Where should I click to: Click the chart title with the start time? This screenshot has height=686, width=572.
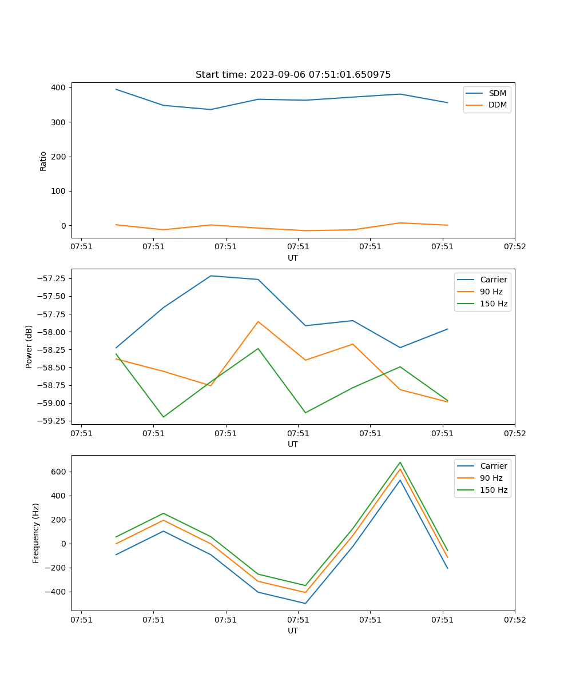pyautogui.click(x=293, y=75)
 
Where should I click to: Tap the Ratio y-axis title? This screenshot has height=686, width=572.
pyautogui.click(x=43, y=161)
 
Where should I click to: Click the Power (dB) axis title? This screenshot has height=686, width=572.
pyautogui.click(x=29, y=346)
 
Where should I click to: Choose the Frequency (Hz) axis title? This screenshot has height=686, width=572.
pyautogui.click(x=36, y=533)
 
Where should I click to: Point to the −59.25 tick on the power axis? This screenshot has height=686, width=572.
pyautogui.click(x=50, y=421)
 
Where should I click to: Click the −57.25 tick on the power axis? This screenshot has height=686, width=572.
pyautogui.click(x=50, y=278)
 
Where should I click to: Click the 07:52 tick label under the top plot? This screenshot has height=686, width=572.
pyautogui.click(x=514, y=247)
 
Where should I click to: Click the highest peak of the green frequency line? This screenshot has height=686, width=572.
pyautogui.click(x=400, y=462)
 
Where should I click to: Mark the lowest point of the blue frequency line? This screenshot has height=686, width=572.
pyautogui.click(x=305, y=603)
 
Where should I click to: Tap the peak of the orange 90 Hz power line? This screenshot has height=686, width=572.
pyautogui.click(x=258, y=321)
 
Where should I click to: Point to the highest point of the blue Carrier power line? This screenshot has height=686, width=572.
pyautogui.click(x=210, y=276)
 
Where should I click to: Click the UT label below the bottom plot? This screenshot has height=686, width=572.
pyautogui.click(x=293, y=631)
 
